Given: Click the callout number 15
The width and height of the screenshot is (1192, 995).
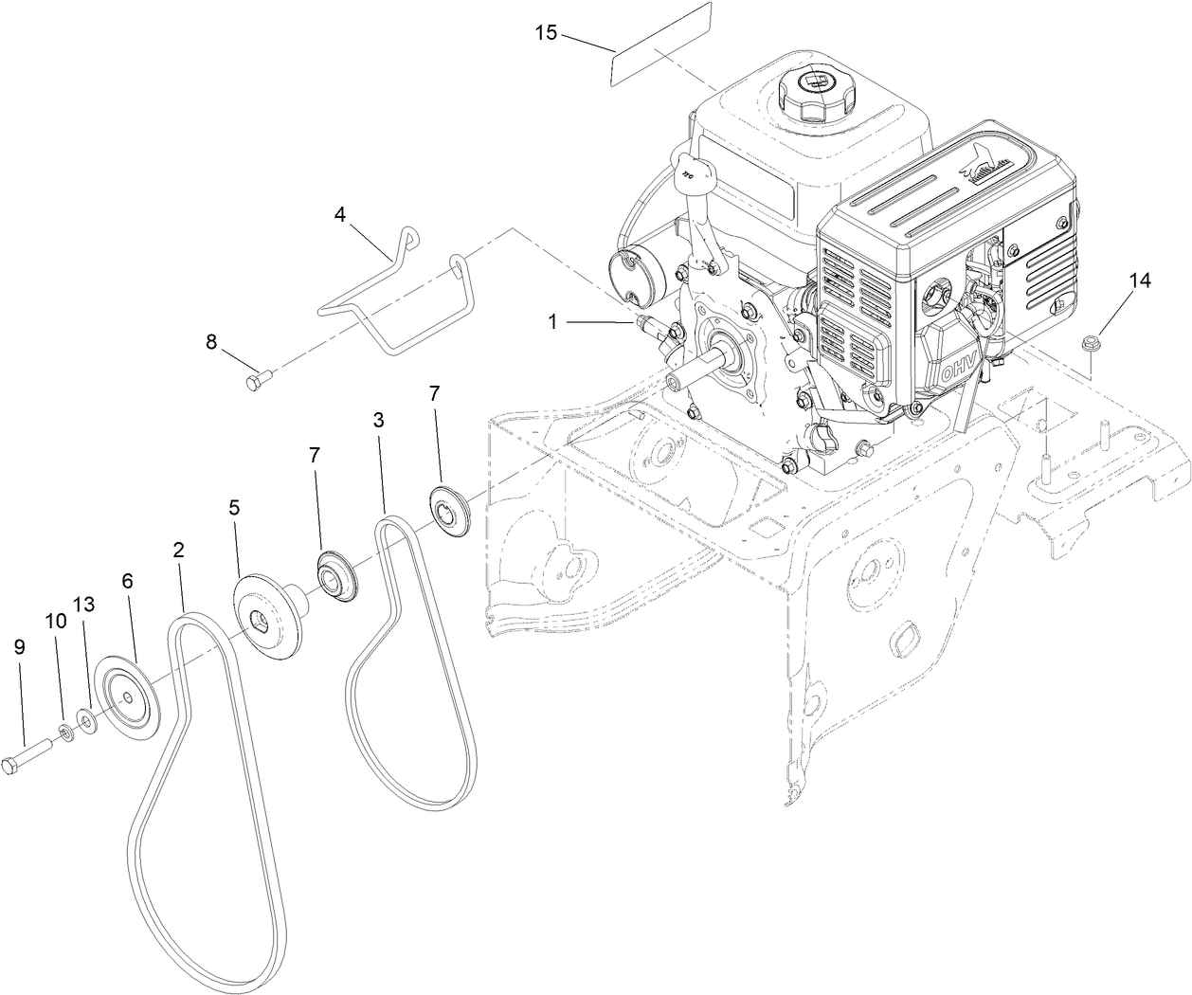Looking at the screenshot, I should tap(546, 32).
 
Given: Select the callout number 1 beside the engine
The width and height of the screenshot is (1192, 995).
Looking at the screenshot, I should tap(551, 322).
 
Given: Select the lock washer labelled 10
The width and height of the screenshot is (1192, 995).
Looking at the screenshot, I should tap(67, 732).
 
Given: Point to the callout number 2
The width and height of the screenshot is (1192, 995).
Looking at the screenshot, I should tap(177, 549).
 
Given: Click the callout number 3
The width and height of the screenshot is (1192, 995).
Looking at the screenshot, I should tap(378, 421).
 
